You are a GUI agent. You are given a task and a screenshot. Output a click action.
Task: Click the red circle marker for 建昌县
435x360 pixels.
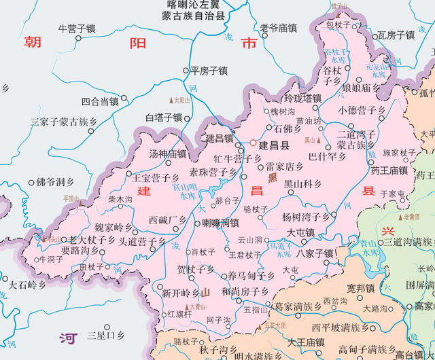pyautogui.click(x=253, y=144)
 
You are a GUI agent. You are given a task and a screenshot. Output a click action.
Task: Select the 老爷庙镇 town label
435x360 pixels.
pyautogui.click(x=279, y=29)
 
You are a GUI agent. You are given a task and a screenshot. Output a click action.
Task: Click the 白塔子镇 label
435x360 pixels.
pyautogui.click(x=164, y=118)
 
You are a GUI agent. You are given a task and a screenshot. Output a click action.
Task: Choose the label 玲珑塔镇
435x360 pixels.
pyautogui.click(x=302, y=98)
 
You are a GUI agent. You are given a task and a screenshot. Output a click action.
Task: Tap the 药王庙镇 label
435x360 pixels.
pyautogui.click(x=389, y=170)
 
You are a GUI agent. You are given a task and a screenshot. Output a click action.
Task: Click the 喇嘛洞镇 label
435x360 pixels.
pyautogui.click(x=220, y=223)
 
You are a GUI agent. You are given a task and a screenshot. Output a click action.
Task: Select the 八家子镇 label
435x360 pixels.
pyautogui.click(x=315, y=253)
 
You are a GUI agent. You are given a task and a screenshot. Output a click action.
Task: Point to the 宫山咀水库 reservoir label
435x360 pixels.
pyautogui.click(x=184, y=190)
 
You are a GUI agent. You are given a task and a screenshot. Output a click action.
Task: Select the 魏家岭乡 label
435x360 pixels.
pyautogui.click(x=114, y=226)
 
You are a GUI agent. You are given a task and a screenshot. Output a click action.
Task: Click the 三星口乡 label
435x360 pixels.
pyautogui.click(x=105, y=336)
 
